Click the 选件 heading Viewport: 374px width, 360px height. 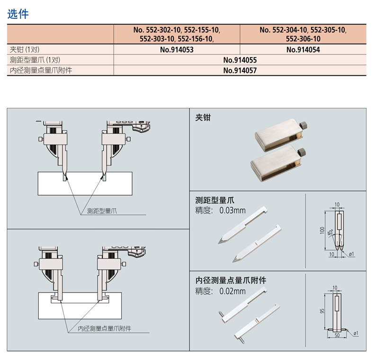[x=18, y=14]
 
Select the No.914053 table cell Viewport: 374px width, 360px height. [x=177, y=50]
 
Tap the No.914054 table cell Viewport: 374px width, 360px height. [x=303, y=50]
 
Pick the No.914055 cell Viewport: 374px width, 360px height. [x=240, y=60]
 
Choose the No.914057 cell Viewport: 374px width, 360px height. [x=240, y=71]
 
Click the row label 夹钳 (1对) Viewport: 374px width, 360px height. [x=25, y=50]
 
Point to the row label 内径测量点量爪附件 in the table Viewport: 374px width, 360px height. [x=41, y=71]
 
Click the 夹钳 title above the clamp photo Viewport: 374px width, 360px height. [x=203, y=117]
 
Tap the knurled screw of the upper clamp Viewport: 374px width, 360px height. [x=303, y=126]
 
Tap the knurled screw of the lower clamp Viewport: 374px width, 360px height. [x=302, y=153]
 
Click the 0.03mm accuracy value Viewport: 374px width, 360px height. [x=232, y=211]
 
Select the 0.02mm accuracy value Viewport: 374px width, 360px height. [x=232, y=291]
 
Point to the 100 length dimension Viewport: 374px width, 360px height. [x=322, y=230]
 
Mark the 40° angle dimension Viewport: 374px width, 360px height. [x=330, y=232]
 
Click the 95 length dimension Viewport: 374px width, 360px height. [x=322, y=311]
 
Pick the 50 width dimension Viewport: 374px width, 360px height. [x=337, y=335]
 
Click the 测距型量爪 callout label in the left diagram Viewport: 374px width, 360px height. [x=102, y=211]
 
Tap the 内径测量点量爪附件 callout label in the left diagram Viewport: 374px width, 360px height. [x=105, y=329]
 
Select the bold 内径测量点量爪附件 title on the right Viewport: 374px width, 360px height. [x=231, y=280]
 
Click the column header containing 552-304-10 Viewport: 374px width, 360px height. [x=303, y=34]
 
